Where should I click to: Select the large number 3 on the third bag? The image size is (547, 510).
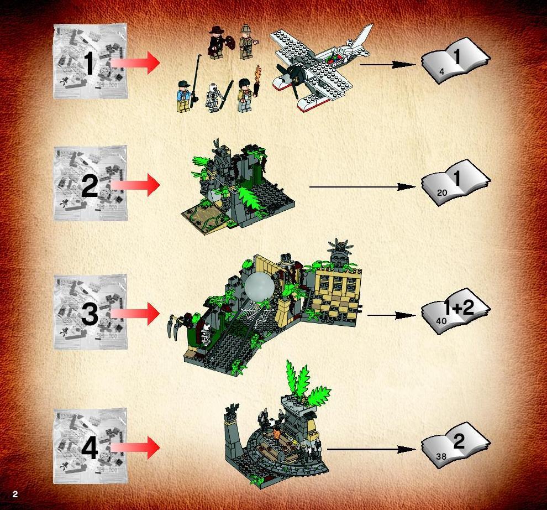coord(90,313)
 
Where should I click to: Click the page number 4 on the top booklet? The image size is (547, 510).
coord(442,71)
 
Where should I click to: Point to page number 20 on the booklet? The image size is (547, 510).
coord(441,192)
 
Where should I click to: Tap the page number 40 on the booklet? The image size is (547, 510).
coord(441,320)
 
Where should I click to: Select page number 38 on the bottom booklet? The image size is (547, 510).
coord(441,456)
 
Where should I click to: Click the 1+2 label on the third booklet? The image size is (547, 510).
coord(459,308)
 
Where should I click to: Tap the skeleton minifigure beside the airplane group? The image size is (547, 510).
coord(212,98)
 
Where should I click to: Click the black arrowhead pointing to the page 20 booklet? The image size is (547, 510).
coord(407,187)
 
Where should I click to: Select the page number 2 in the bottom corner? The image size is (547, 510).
coord(15,494)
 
